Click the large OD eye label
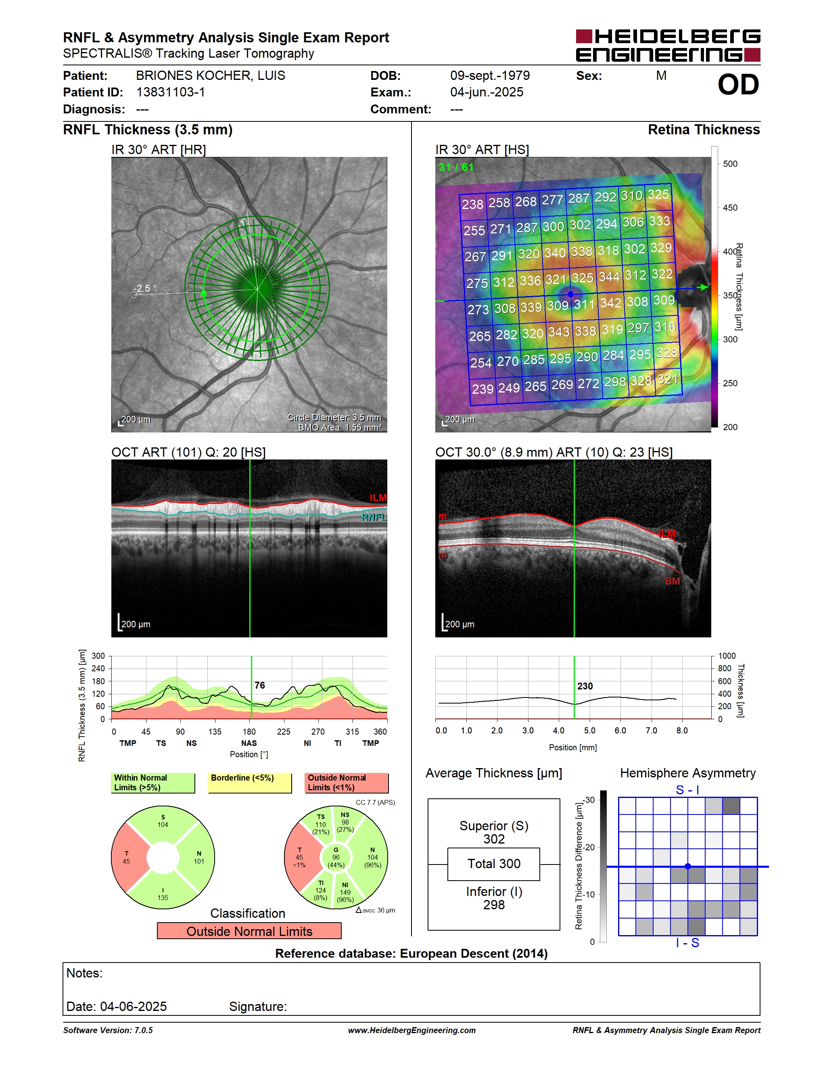[738, 84]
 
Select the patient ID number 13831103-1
[171, 92]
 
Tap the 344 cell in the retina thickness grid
[609, 276]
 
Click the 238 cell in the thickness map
[472, 204]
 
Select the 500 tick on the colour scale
[730, 164]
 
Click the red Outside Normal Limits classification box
[249, 931]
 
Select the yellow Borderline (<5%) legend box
[250, 783]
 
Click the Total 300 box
[493, 864]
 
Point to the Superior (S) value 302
[494, 839]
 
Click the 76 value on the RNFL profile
[260, 685]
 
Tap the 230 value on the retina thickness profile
[585, 686]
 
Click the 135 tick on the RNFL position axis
[215, 731]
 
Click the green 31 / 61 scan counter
[456, 167]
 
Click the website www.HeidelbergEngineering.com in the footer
[412, 1030]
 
